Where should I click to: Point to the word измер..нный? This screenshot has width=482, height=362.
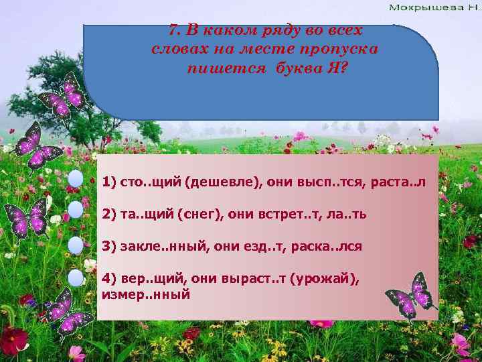click(146, 294)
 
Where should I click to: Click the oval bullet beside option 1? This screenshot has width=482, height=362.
click(76, 179)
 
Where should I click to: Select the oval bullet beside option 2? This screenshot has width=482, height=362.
click(76, 210)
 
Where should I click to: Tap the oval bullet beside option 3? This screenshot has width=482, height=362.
click(76, 244)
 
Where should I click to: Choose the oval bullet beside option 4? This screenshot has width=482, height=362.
click(76, 277)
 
